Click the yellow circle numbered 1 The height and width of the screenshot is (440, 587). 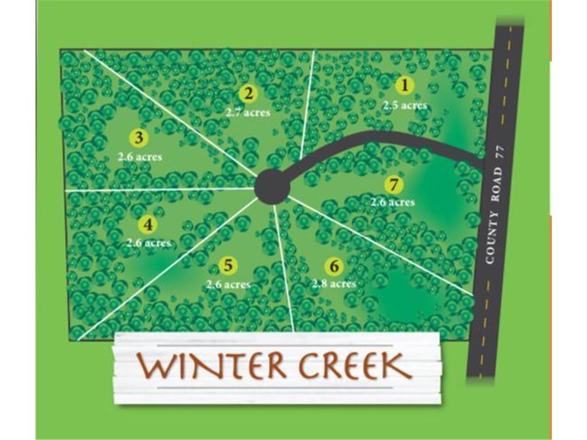coord(405,86)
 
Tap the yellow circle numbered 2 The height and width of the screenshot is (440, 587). coord(248,93)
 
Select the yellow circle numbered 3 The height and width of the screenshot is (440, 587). coord(139,137)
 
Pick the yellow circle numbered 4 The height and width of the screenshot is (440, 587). coord(148,225)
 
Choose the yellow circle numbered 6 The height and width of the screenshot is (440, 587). coord(334,266)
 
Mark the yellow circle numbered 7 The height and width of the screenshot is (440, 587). coord(393,185)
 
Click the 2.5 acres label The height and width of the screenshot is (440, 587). coord(405,105)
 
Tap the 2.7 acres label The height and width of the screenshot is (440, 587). coord(248,112)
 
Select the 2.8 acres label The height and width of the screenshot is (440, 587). coord(334,284)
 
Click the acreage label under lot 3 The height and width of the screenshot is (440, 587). coord(140,156)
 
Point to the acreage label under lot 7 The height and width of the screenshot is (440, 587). coord(393,202)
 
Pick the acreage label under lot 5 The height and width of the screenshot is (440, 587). coord(228,284)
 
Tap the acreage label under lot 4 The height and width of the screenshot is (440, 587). coord(148,243)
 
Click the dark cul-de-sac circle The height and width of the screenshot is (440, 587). coord(271,186)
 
